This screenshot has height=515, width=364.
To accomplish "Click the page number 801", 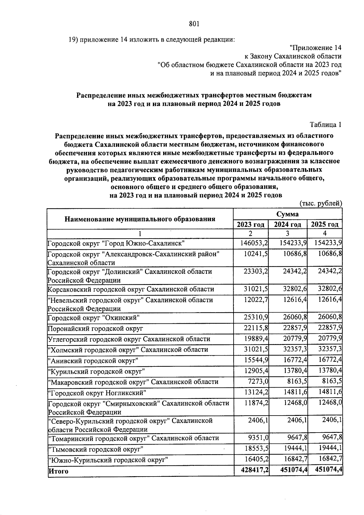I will tap(194, 24).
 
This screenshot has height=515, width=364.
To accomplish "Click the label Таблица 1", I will tap(325, 125).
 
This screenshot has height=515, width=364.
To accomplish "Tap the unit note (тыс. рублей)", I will tap(321, 203).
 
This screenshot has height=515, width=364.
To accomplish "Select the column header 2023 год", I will tap(251, 225).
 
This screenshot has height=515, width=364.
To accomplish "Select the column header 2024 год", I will tap(288, 225).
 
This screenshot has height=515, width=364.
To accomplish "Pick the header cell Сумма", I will tap(288, 214).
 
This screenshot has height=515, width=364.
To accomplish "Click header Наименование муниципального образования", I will tap(140, 219).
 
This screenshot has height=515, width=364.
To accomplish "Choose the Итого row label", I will tap(58, 471).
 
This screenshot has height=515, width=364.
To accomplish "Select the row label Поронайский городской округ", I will tap(95, 329).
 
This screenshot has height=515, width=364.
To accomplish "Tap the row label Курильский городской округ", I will tap(96, 371).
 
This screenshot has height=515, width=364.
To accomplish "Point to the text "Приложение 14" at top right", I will tap(315, 48).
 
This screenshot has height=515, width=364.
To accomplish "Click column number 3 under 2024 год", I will tap(288, 233).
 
